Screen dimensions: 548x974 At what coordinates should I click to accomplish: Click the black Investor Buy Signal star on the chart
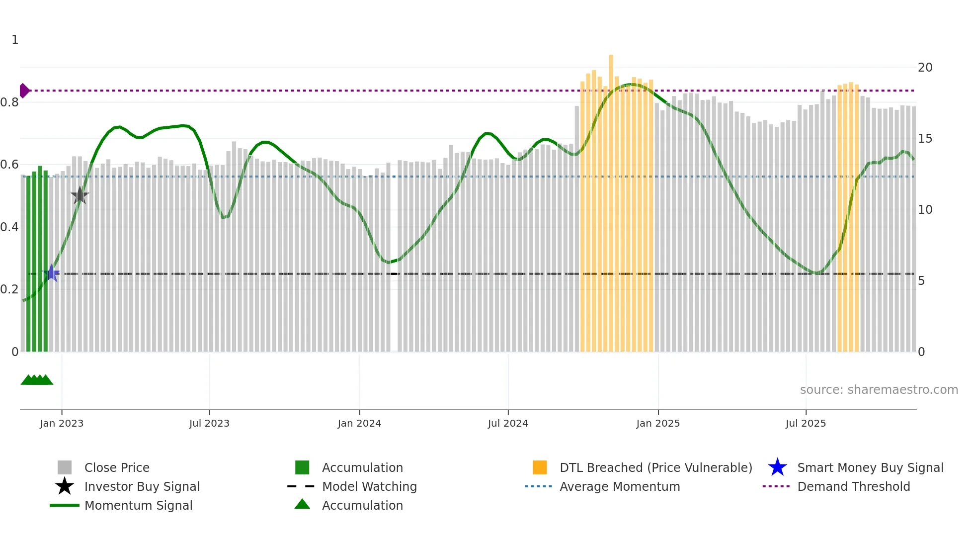pyautogui.click(x=80, y=195)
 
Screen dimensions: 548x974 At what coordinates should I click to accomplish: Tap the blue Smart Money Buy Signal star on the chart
pyautogui.click(x=51, y=273)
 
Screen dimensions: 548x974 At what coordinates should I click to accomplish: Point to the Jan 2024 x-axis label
pyautogui.click(x=359, y=423)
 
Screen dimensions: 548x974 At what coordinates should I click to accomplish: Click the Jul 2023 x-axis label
pyautogui.click(x=209, y=423)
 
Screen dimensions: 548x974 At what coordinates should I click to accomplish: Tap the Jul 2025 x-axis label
pyautogui.click(x=806, y=423)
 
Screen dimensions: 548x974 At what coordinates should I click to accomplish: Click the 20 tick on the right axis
pyautogui.click(x=925, y=67)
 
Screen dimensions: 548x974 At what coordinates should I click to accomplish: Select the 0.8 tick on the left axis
pyautogui.click(x=10, y=102)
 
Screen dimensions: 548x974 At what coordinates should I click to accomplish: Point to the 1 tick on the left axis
pyautogui.click(x=15, y=40)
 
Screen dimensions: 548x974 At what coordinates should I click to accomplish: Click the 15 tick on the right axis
pyautogui.click(x=925, y=139)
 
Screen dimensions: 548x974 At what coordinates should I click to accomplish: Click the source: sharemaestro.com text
pyautogui.click(x=879, y=390)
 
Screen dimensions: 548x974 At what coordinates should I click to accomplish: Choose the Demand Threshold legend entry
pyautogui.click(x=853, y=486)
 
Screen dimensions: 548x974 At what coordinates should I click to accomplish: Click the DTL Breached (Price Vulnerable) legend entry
pyautogui.click(x=655, y=467)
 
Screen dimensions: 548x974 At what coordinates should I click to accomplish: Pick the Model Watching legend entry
pyautogui.click(x=369, y=486)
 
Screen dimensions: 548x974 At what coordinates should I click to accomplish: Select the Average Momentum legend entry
pyautogui.click(x=619, y=486)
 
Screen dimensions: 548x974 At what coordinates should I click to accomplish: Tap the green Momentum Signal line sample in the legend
pyautogui.click(x=65, y=505)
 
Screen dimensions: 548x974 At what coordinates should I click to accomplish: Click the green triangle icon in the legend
pyautogui.click(x=302, y=504)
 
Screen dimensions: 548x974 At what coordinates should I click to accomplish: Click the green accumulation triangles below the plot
pyautogui.click(x=37, y=380)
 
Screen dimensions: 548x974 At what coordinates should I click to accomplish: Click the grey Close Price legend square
pyautogui.click(x=65, y=467)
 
